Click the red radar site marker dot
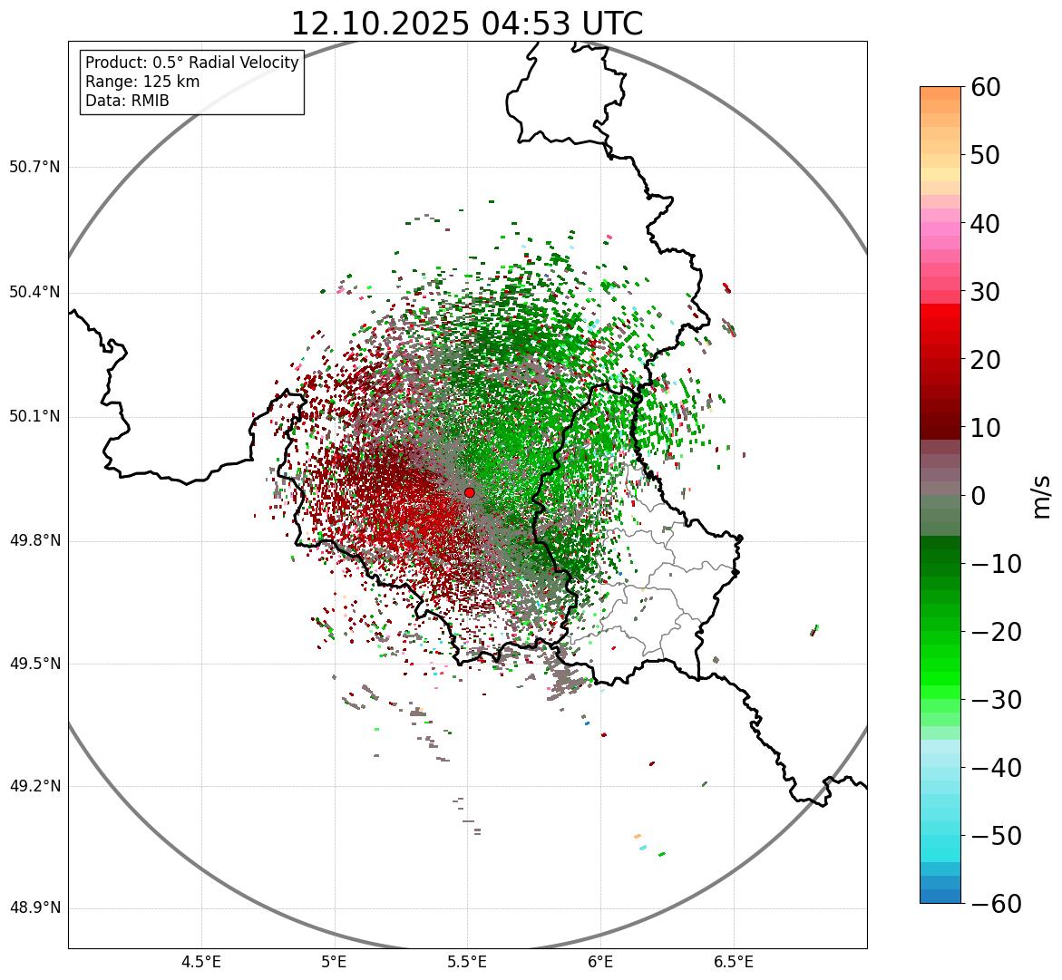click(x=469, y=492)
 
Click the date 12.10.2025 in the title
click(x=379, y=24)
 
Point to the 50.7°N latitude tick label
click(x=34, y=168)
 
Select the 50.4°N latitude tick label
click(x=34, y=293)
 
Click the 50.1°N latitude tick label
click(x=34, y=417)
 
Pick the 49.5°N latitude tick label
click(x=34, y=664)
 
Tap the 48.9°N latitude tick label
click(x=34, y=908)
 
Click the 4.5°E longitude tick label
click(x=201, y=962)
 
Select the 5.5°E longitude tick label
click(x=467, y=962)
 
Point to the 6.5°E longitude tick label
click(x=733, y=962)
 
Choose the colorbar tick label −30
click(x=996, y=700)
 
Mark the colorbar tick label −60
click(x=996, y=904)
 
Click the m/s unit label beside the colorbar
click(x=1042, y=496)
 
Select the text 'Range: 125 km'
click(x=142, y=82)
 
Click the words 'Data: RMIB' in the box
click(x=127, y=101)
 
